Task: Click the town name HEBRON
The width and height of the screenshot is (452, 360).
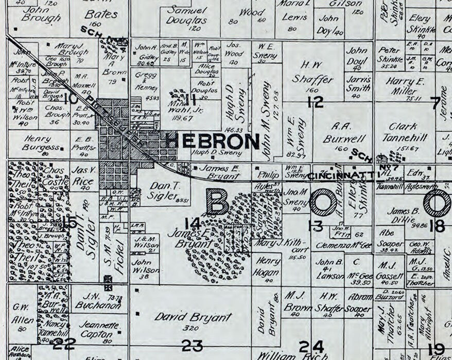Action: pyautogui.click(x=212, y=141)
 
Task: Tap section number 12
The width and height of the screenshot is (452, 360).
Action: pyautogui.click(x=315, y=102)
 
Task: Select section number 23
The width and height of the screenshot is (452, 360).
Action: pyautogui.click(x=192, y=346)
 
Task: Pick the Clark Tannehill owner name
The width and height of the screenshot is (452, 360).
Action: pyautogui.click(x=403, y=133)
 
